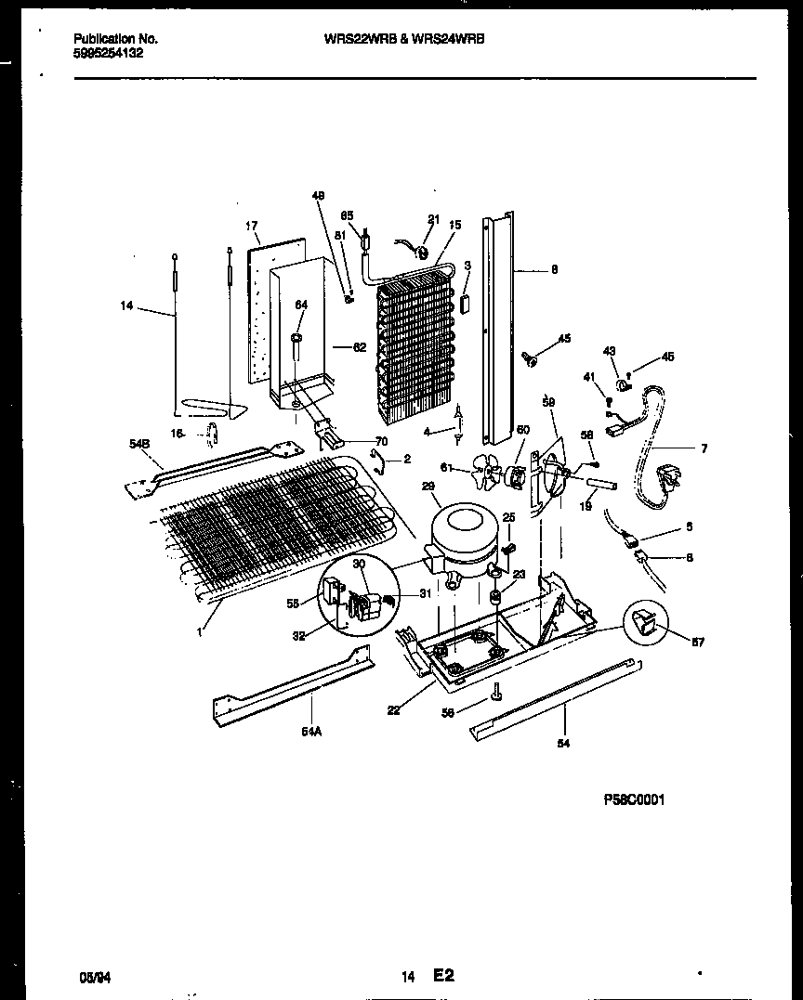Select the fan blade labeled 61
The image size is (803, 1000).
pos(482,473)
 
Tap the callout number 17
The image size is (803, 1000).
pos(251,226)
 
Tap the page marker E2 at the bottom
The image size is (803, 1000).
pos(441,976)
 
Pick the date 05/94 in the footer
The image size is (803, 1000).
pos(90,977)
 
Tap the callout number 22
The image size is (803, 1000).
pos(394,710)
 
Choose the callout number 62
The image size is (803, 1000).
pos(360,348)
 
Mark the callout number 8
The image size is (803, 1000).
pos(554,270)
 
